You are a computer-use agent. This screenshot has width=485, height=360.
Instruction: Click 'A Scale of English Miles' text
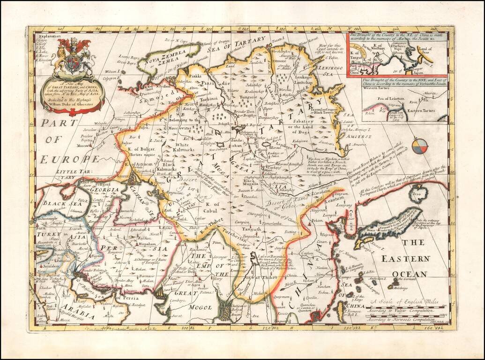[404, 302]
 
